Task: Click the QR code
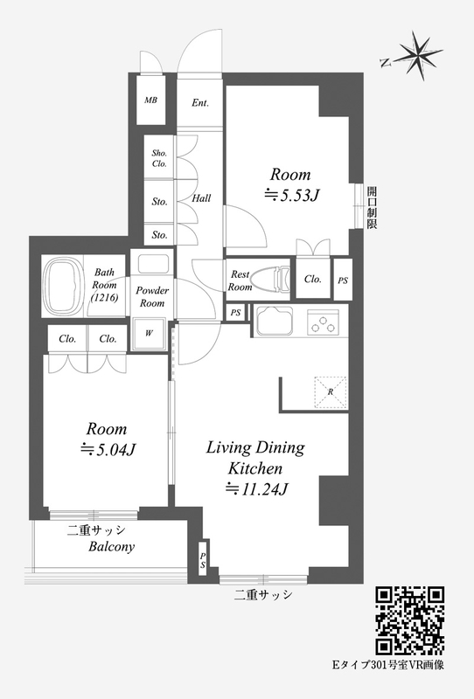410,621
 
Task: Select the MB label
151,100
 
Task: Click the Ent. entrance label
200,103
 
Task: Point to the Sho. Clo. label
159,158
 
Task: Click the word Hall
201,198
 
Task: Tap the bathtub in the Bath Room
63,287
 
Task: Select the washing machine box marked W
149,334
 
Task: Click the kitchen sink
275,321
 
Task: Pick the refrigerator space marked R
331,392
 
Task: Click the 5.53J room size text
291,195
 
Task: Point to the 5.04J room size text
108,449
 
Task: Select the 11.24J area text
256,489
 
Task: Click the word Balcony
112,547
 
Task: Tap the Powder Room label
152,296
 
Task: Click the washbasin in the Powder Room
153,264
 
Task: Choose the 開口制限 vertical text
372,208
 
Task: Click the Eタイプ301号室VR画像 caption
388,665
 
